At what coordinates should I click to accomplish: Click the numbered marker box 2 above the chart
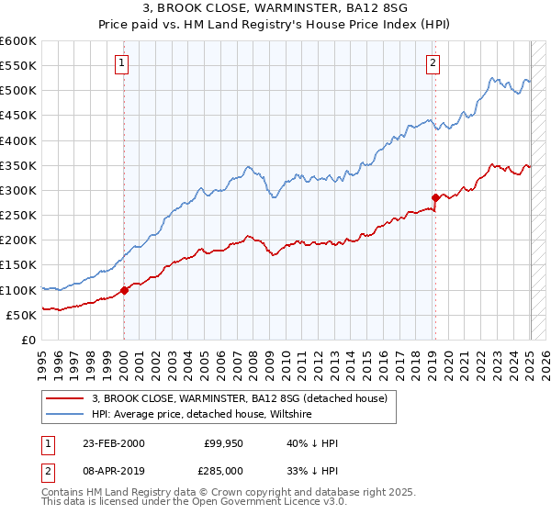click(433, 63)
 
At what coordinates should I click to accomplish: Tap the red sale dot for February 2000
click(124, 290)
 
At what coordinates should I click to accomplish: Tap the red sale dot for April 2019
click(435, 197)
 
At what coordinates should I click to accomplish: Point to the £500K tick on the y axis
click(18, 91)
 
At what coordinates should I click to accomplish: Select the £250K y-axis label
click(18, 216)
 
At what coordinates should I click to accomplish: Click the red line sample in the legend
click(65, 399)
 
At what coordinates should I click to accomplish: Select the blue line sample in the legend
click(65, 415)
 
